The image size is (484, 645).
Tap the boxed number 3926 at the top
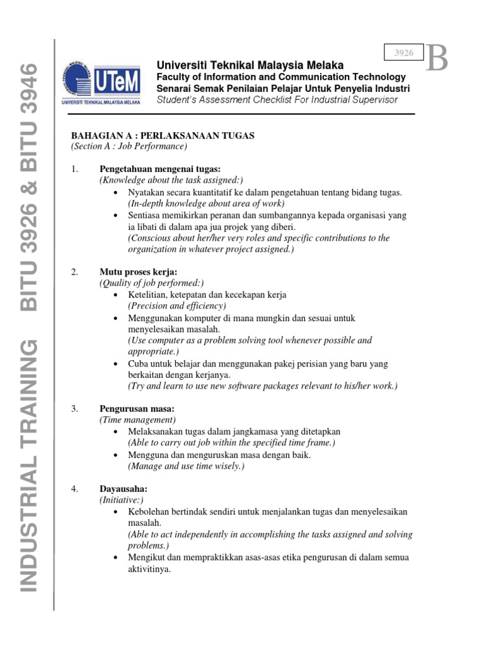point(404,54)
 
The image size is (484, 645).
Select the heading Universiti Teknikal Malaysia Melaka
point(250,66)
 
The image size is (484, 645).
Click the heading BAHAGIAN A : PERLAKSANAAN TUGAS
point(163,136)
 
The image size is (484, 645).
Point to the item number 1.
point(74,169)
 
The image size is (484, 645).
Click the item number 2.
point(74,272)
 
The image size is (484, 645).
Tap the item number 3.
point(74,409)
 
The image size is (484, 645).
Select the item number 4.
point(74,488)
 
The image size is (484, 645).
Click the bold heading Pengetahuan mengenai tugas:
point(160,169)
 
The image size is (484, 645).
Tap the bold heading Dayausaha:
point(124,488)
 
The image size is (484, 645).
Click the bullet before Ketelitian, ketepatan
point(117,295)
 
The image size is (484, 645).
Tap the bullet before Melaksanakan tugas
point(117,432)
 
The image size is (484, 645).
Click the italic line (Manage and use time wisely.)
point(186,466)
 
